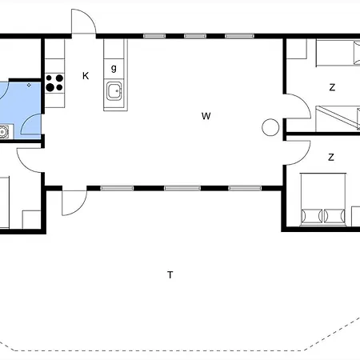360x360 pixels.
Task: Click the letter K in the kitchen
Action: click(86, 76)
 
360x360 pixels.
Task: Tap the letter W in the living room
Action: click(206, 116)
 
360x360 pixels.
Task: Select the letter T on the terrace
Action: click(170, 274)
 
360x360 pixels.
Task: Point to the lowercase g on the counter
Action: click(114, 68)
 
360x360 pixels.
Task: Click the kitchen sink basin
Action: click(114, 91)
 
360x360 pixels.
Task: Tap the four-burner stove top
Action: click(54, 83)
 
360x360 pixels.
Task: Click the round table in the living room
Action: click(270, 127)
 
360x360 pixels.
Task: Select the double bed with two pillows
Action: click(323, 199)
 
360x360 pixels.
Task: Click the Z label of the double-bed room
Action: click(331, 158)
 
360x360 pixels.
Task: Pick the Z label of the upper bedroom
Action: click(332, 87)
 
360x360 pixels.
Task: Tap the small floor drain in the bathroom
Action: click(29, 86)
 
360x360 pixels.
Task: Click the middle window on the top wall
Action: click(195, 36)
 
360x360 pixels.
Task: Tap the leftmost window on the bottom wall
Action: click(117, 188)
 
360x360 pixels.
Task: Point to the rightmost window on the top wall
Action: click(239, 36)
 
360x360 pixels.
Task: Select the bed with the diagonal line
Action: click(338, 118)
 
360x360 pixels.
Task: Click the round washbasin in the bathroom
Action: click(3, 132)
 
